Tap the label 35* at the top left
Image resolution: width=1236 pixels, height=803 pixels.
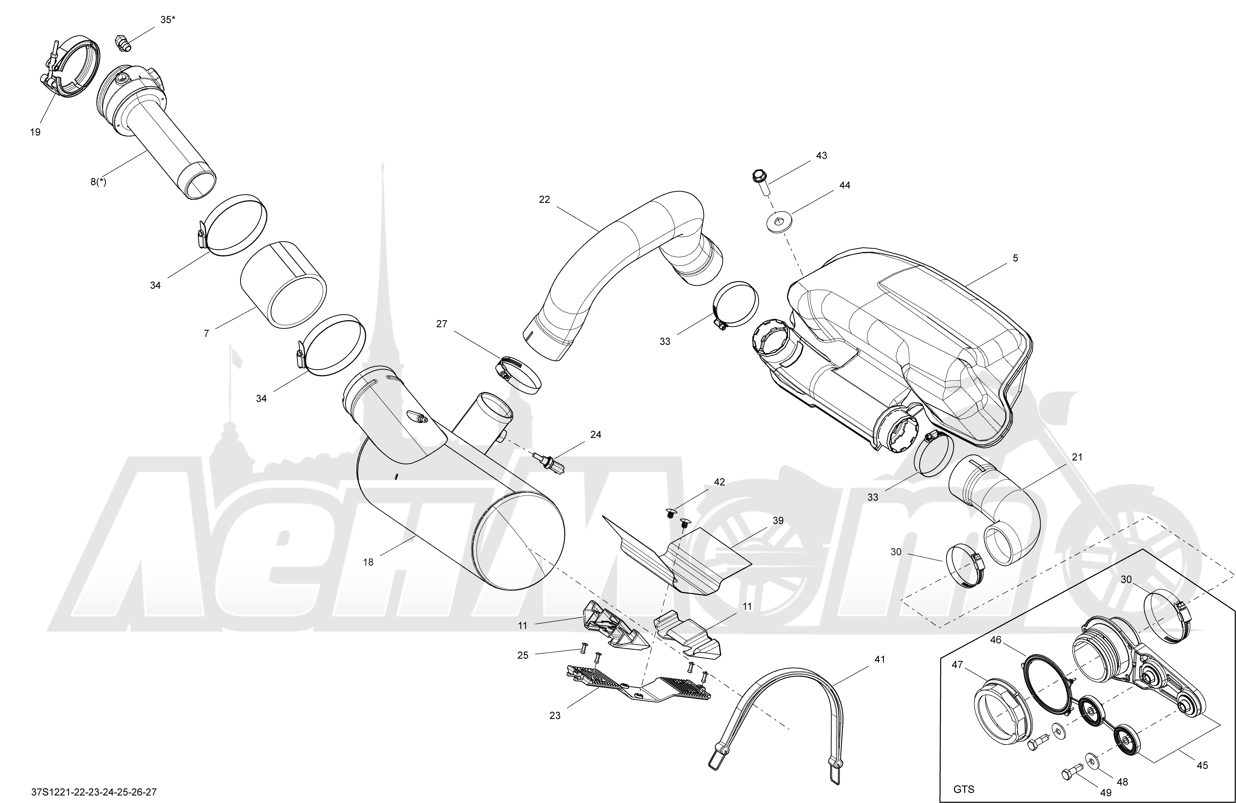pyautogui.click(x=167, y=20)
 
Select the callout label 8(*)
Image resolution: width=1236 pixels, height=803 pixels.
pyautogui.click(x=98, y=182)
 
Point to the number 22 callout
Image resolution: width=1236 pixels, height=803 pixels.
pyautogui.click(x=544, y=200)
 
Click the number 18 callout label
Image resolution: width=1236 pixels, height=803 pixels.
pyautogui.click(x=368, y=562)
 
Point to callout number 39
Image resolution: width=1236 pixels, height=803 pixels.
pyautogui.click(x=777, y=520)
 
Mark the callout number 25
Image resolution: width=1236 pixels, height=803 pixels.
pyautogui.click(x=523, y=655)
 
